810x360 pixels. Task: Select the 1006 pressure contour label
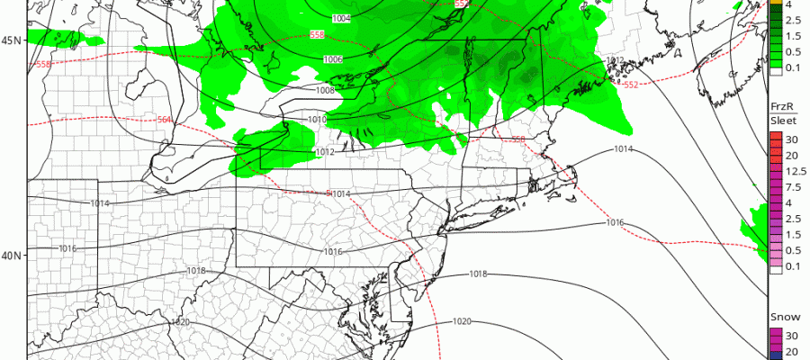[x=332, y=59]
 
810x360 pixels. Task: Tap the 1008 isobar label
[x=325, y=90]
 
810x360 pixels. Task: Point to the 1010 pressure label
[x=316, y=119]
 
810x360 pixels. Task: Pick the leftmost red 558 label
[x=44, y=65]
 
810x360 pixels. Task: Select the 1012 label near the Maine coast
[x=616, y=60]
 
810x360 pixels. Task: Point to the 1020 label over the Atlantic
[x=462, y=321]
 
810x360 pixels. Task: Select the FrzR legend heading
[x=779, y=106]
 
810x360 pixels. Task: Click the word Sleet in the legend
[x=780, y=120]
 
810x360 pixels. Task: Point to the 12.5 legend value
[x=790, y=171]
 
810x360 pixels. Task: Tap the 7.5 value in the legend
[x=790, y=187]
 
